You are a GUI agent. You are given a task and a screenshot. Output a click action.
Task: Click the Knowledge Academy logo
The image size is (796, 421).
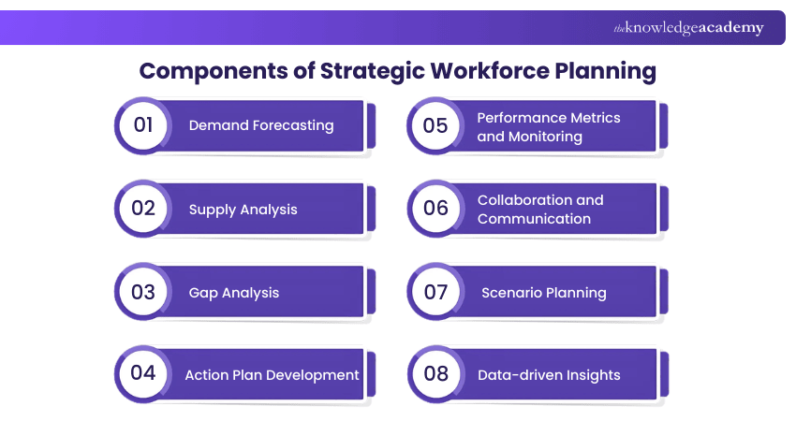[x=688, y=28]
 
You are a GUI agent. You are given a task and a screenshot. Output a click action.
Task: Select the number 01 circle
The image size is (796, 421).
[x=143, y=125]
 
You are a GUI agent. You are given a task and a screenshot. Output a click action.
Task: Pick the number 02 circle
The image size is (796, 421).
[x=143, y=209]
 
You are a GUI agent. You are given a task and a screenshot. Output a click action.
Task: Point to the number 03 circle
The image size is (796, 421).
[x=143, y=292]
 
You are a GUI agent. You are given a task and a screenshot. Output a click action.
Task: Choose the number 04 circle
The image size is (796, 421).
[x=143, y=373]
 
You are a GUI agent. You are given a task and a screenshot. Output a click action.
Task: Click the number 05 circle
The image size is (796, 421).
[x=435, y=125]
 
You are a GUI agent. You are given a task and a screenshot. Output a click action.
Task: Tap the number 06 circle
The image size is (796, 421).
[x=435, y=209]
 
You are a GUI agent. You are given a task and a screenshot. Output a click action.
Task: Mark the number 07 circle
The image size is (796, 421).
[x=435, y=292]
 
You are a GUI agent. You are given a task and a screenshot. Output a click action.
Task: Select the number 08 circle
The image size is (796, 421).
[x=435, y=374]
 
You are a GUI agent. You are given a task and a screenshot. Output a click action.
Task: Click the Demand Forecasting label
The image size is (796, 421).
[x=261, y=125]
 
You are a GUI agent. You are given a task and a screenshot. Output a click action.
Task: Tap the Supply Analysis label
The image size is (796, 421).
[x=243, y=210]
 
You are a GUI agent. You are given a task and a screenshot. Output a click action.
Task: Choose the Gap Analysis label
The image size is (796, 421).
[x=234, y=293]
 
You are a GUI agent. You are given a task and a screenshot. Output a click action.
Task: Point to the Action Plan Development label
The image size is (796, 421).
[x=272, y=374]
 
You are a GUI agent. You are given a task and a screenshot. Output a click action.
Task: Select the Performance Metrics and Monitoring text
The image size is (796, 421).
[x=549, y=127]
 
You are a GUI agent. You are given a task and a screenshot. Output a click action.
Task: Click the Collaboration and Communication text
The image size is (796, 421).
[x=540, y=210]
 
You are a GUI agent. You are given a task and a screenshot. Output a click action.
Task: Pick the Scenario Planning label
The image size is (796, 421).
[x=544, y=293]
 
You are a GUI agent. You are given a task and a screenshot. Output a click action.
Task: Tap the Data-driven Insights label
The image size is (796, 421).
[x=549, y=375]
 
